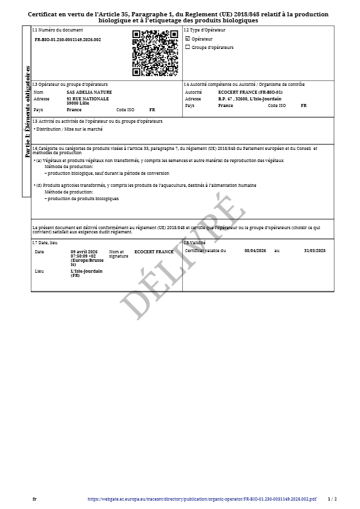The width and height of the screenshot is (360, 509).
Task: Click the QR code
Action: click(154, 53)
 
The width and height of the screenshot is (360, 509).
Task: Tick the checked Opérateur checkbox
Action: click(188, 39)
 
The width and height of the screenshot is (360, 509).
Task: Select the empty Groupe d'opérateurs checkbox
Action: click(188, 47)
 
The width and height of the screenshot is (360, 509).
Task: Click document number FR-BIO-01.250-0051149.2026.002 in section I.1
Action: click(68, 39)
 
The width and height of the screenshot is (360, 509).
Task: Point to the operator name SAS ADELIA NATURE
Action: click(90, 92)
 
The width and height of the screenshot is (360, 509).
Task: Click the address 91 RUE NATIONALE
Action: click(88, 98)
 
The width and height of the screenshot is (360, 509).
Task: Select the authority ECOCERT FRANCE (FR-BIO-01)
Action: click(250, 92)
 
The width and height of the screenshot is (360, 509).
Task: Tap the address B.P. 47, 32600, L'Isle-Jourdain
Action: click(249, 99)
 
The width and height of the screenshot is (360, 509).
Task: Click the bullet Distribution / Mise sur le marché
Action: click(69, 129)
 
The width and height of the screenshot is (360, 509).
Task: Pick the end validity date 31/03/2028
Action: click(315, 250)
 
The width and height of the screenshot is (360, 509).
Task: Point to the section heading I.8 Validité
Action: click(195, 242)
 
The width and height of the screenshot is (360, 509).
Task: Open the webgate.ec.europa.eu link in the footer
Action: click(202, 499)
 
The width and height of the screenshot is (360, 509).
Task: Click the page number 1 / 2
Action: click(332, 499)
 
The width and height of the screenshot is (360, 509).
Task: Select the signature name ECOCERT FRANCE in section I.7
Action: click(154, 251)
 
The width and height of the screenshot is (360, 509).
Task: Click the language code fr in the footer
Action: click(34, 499)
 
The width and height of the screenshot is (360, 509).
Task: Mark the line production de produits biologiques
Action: click(83, 198)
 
